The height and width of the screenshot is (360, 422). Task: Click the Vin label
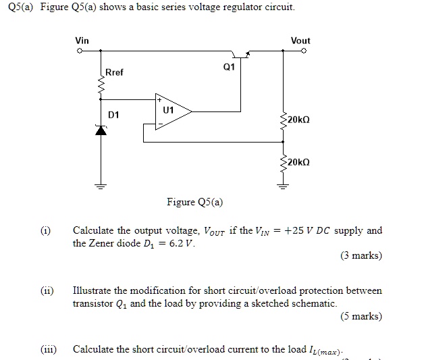pyautogui.click(x=82, y=41)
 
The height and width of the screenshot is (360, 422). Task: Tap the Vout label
pyautogui.click(x=300, y=41)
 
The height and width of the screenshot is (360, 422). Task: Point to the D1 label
pyautogui.click(x=113, y=115)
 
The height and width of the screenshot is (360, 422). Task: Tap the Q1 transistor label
pyautogui.click(x=228, y=68)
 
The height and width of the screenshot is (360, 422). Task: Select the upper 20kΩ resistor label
pyautogui.click(x=298, y=120)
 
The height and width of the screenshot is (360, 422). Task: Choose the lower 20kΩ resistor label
pyautogui.click(x=298, y=163)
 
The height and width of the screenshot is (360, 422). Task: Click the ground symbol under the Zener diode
pyautogui.click(x=101, y=187)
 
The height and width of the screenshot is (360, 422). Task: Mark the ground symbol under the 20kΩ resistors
pyautogui.click(x=282, y=187)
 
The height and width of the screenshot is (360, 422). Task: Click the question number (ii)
pyautogui.click(x=47, y=290)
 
